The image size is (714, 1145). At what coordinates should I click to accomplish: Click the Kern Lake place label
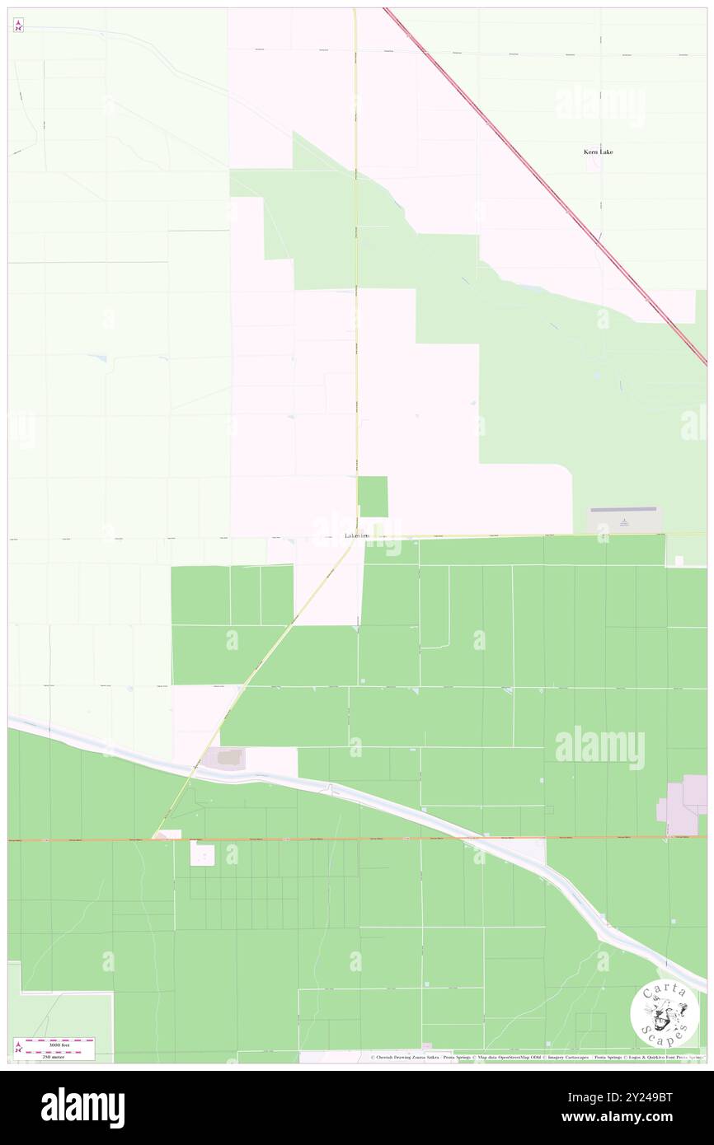[598, 152]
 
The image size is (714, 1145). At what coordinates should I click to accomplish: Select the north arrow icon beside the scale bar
[18, 1047]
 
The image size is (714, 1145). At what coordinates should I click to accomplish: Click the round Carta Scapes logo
[665, 1012]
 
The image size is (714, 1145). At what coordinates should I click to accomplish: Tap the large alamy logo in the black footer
[82, 1108]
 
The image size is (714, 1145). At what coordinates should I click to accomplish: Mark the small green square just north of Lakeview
[373, 497]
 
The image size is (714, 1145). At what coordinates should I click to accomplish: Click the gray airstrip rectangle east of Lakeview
[623, 520]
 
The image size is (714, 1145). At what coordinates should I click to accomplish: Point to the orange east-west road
[330, 839]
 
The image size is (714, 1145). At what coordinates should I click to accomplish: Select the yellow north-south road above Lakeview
[355, 247]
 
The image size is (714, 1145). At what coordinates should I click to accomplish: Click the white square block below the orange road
[202, 853]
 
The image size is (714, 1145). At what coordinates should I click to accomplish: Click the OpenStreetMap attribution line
[536, 1058]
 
